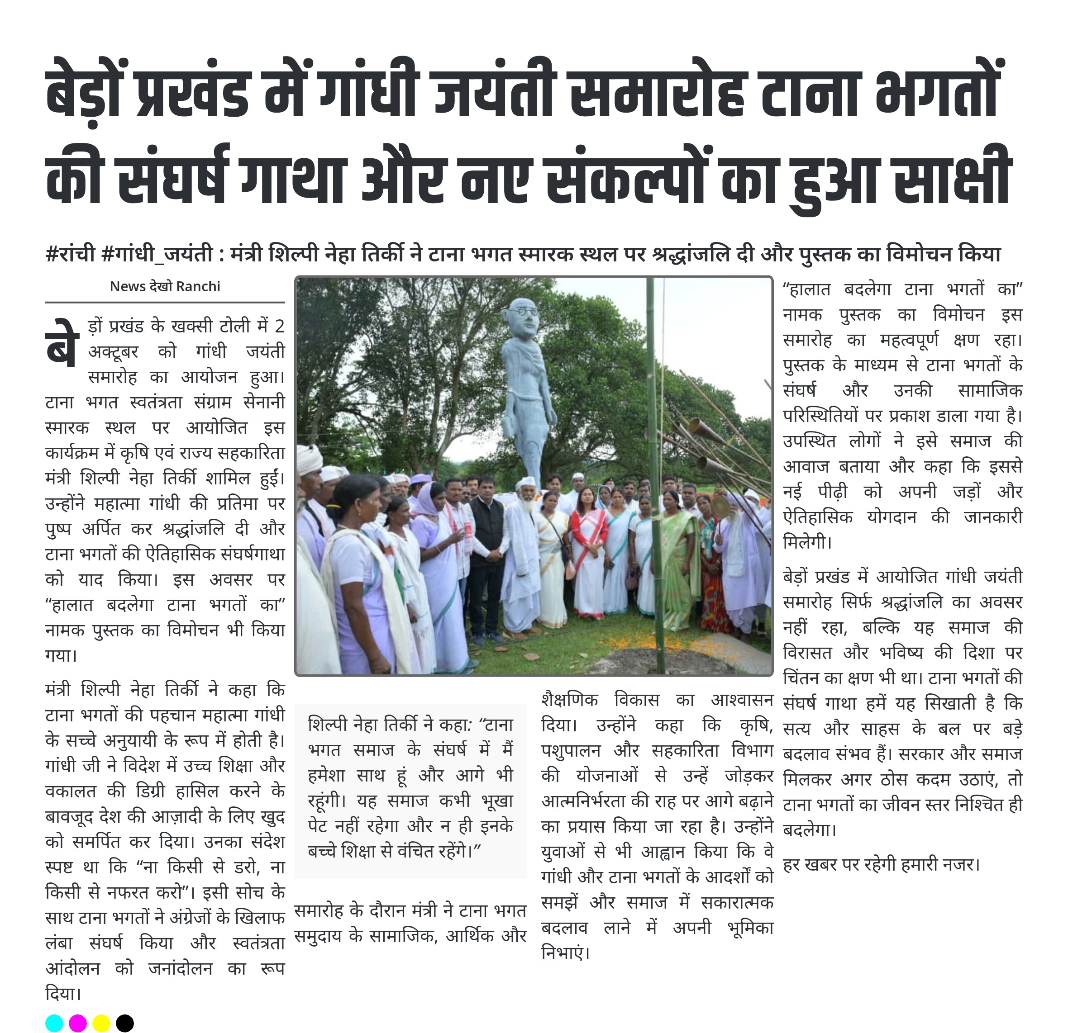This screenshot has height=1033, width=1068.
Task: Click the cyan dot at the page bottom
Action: [x=54, y=1023]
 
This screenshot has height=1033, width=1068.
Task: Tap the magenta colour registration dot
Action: [x=78, y=1023]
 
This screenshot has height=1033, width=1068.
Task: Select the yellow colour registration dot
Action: [x=101, y=1023]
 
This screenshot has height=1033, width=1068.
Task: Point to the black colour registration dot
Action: [x=125, y=1023]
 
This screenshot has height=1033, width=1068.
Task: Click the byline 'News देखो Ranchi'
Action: [x=165, y=286]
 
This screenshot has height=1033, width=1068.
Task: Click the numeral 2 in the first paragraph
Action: [x=279, y=326]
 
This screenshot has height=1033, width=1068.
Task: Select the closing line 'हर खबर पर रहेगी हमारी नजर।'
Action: [x=881, y=864]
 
